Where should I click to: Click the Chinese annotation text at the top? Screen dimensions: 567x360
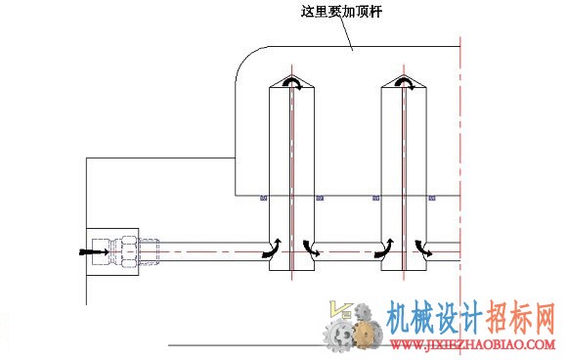341,12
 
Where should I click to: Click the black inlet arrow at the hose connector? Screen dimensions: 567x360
94,251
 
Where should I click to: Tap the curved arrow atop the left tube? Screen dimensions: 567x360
292,83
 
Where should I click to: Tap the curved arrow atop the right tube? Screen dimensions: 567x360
405,83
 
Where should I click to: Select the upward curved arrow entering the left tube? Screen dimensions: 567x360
272,248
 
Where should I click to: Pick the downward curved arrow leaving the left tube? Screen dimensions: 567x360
311,248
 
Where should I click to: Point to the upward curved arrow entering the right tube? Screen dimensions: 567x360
384,248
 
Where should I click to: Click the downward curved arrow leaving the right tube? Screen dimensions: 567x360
423,248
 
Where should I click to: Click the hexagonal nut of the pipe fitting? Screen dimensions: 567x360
129,251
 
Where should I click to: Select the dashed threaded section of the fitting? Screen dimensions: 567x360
149,251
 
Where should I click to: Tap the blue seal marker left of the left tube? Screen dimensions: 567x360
264,198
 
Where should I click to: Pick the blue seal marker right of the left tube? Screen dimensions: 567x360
320,198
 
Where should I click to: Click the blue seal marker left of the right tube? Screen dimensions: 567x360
376,198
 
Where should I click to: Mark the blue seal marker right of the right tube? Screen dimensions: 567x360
432,198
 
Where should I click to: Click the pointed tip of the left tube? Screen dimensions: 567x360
292,74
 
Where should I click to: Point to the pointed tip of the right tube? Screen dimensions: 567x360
404,74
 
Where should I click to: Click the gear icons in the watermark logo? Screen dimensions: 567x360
353,329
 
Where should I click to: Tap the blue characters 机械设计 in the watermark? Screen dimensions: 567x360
434,318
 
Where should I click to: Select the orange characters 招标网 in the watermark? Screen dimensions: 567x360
520,318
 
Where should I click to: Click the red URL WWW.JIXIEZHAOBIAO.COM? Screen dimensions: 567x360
472,344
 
